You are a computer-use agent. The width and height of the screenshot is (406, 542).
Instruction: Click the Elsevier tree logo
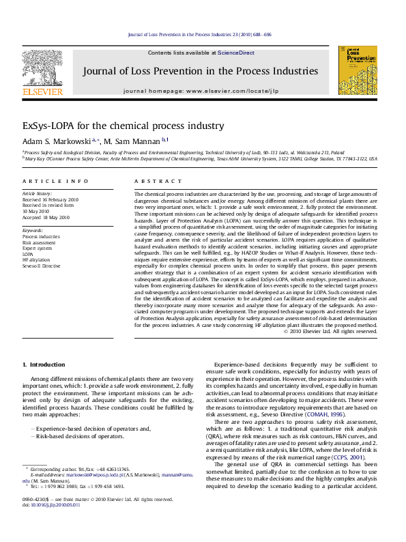point(42,68)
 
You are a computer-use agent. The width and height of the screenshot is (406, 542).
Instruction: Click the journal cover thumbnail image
point(358,70)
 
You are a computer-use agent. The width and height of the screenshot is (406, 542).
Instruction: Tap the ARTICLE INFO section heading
point(55,182)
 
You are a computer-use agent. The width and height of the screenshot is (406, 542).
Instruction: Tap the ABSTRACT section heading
point(151,182)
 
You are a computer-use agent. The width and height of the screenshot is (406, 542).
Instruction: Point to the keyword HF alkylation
point(36,259)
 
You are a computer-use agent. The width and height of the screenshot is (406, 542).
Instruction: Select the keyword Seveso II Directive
point(42,266)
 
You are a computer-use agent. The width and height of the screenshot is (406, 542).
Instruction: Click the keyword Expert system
point(38,248)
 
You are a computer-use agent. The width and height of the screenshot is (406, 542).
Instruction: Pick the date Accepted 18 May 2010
point(46,217)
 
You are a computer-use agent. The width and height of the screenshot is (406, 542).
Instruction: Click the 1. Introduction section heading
point(44,365)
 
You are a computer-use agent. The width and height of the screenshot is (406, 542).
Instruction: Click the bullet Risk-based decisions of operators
point(75,436)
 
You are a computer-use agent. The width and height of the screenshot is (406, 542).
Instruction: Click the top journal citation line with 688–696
point(200,34)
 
